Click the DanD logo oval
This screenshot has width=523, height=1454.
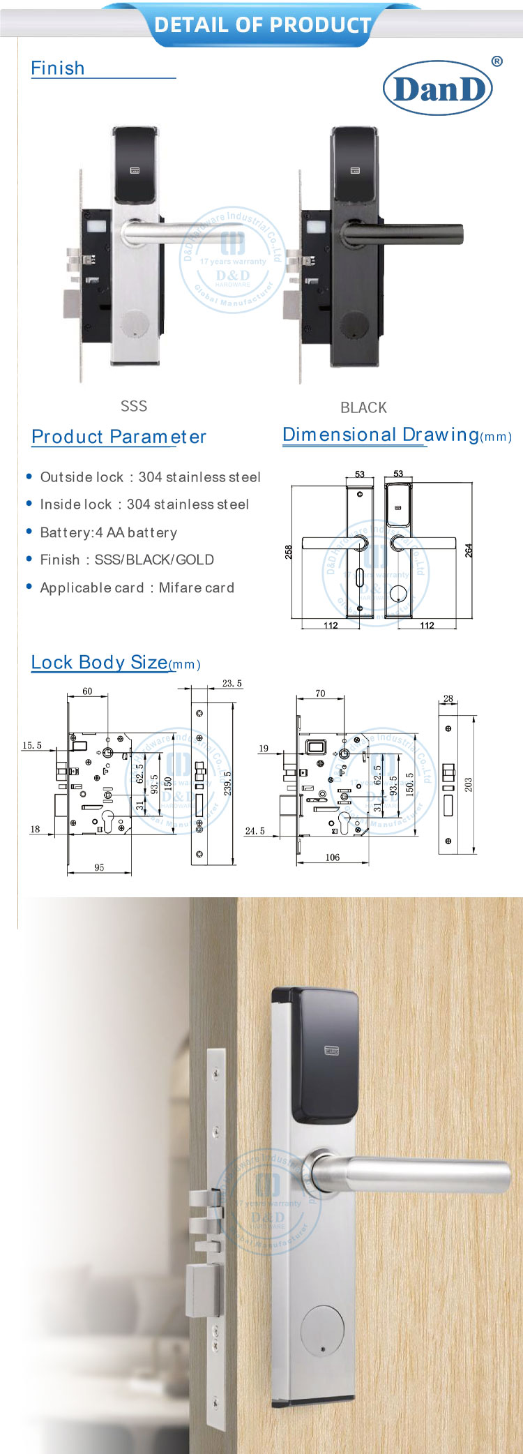pos(438,88)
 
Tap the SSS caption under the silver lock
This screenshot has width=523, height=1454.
pos(133,406)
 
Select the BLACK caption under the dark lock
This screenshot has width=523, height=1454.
pos(363,407)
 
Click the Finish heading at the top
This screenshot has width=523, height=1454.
pos(58,68)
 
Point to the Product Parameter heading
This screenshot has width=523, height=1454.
pos(119,437)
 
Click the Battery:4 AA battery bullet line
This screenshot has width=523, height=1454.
pos(109,532)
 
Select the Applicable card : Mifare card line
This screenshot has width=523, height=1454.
pos(137,587)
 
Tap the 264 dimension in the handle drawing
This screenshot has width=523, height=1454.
pos(469,550)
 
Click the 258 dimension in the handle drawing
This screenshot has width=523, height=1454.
pos(289,552)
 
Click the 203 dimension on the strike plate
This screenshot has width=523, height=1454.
pos(469,784)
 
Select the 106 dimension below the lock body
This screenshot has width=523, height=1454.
pos(333,857)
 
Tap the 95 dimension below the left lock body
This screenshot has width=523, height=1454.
pos(99,867)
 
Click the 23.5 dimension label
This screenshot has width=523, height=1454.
pos(232,684)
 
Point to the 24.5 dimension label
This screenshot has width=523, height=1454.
pos(255,831)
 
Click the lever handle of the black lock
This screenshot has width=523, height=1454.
pos(404,233)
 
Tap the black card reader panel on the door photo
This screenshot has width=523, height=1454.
pos(326,1054)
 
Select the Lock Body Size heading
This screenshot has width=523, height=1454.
pos(100,662)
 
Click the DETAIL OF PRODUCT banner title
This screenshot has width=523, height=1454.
pos(262,25)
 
